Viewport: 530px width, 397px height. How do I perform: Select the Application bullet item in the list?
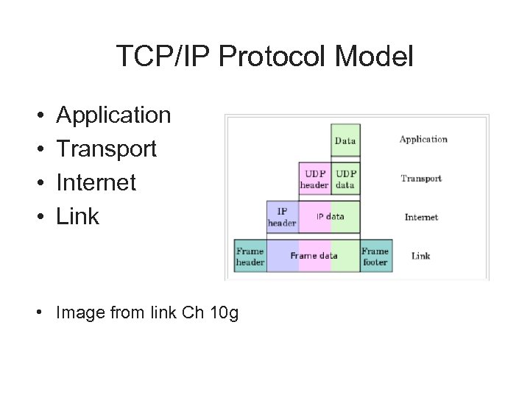pos(113,115)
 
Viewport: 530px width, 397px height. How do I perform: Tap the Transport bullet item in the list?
pos(107,149)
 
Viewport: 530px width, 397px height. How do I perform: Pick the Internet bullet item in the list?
pos(96,182)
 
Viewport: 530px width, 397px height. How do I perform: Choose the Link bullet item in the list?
pos(78,216)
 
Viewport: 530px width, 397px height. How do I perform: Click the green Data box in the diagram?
pos(345,140)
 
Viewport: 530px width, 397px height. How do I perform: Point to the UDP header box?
pos(314,179)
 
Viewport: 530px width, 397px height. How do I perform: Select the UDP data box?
pos(345,179)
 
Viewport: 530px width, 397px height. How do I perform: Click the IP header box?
pos(282,218)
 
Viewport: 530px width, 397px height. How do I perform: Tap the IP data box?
pos(330,217)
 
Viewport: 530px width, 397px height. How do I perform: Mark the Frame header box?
pos(250,256)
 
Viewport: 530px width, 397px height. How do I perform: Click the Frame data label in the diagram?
pos(314,256)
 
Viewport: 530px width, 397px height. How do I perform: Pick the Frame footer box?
pos(375,256)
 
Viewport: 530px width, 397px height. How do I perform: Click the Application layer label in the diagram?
pos(423,139)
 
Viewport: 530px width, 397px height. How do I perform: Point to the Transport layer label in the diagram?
pos(421,178)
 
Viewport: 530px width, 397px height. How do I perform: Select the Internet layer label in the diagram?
pos(421,217)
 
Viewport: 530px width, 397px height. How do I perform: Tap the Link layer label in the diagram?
pos(421,256)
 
